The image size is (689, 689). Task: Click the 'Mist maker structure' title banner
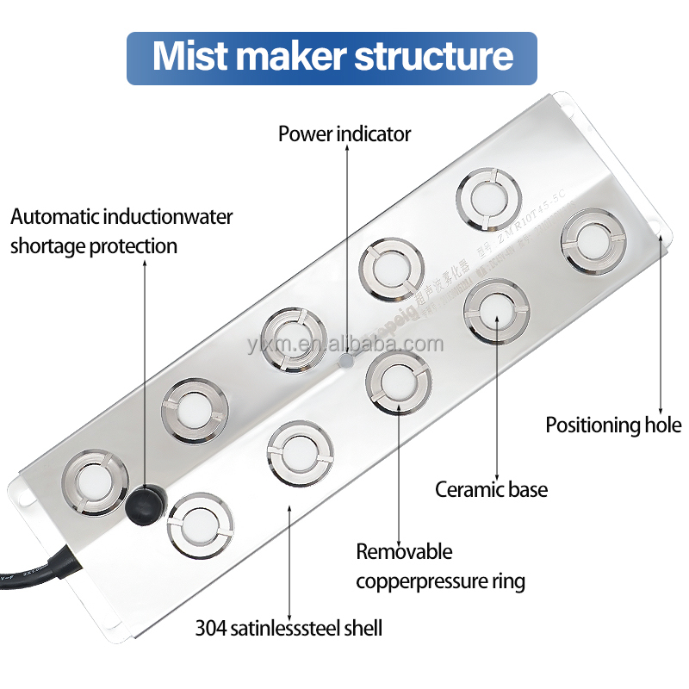tap(332, 58)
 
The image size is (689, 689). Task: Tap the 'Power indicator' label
tap(344, 134)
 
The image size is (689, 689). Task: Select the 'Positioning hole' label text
tap(613, 425)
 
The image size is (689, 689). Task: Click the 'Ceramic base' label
tap(491, 490)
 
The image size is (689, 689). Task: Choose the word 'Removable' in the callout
tap(404, 552)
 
